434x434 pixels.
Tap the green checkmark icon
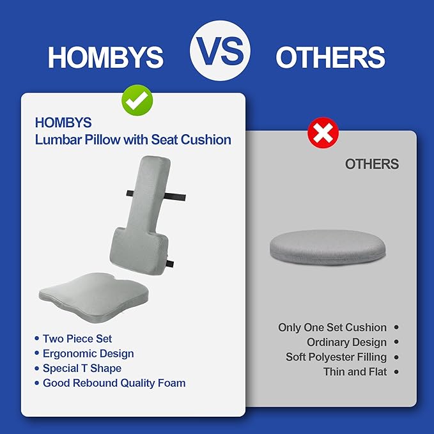pos(137,100)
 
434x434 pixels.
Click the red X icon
pos(323,133)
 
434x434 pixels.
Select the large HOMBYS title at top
pos(105,58)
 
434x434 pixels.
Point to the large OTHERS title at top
pos(330,58)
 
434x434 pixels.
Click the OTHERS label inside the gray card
pos(371,164)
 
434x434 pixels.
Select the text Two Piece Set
pos(77,338)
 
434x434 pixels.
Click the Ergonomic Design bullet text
pos(88,353)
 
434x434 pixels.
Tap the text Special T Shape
pos(82,368)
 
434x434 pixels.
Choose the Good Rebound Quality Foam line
pos(114,384)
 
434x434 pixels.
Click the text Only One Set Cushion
pos(332,327)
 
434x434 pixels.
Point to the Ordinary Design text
pos(346,343)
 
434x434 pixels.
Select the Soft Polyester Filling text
pos(336,357)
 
